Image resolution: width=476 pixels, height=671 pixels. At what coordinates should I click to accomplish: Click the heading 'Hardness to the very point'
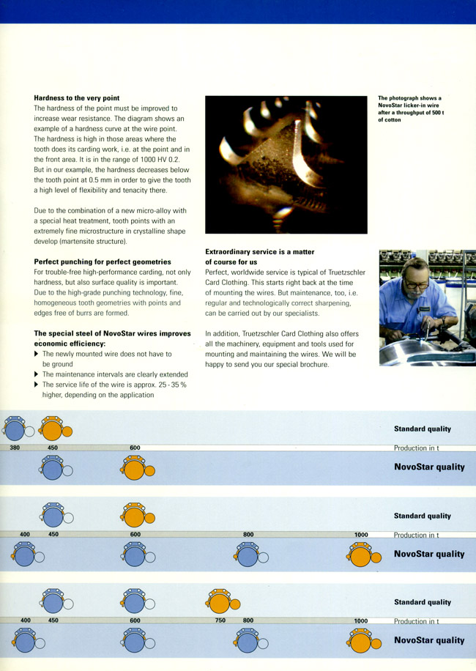[77, 97]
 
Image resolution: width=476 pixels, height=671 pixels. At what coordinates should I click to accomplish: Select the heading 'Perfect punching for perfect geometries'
[103, 262]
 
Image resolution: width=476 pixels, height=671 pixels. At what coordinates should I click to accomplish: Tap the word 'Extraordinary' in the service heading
[230, 251]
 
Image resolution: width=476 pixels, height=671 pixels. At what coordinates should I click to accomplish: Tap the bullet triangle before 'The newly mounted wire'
[37, 354]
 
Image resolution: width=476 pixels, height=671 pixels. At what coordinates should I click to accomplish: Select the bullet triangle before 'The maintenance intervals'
[37, 374]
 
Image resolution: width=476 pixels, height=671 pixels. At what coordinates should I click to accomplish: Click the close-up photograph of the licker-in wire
[286, 165]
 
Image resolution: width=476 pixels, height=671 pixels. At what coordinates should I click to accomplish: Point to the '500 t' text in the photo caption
[454, 112]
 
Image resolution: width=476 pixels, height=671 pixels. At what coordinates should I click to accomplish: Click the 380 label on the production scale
[15, 448]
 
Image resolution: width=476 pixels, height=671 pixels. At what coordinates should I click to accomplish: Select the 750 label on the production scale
[220, 620]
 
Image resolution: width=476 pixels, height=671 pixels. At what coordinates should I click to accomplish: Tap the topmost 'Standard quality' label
[422, 429]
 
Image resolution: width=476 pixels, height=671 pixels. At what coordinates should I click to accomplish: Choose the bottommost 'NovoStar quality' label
[428, 640]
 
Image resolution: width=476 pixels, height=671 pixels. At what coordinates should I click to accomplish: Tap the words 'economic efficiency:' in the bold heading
[70, 343]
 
